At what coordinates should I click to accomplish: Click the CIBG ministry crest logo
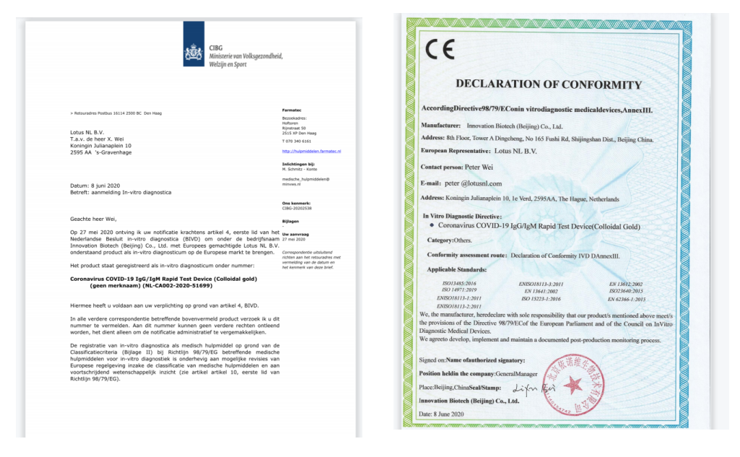coord(193,53)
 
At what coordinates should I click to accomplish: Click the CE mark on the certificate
coord(439,51)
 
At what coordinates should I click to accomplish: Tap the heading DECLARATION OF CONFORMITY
coord(549,84)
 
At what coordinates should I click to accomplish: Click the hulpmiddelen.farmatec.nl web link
coord(311,152)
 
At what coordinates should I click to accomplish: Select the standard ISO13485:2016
coord(459,284)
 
